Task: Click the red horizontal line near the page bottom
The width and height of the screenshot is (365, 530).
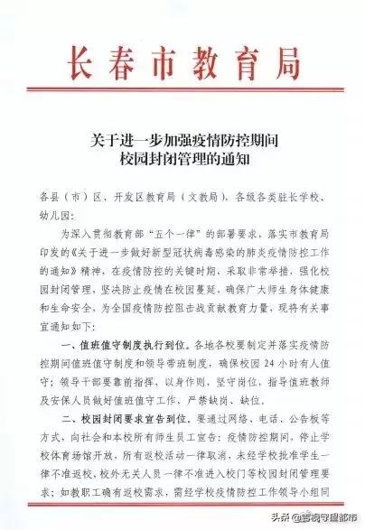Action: pyautogui.click(x=181, y=504)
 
